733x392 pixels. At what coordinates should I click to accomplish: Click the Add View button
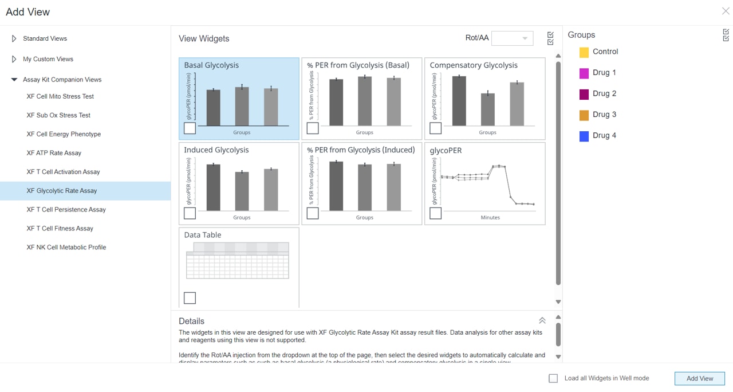click(699, 378)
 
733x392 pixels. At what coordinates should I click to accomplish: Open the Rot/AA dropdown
click(513, 38)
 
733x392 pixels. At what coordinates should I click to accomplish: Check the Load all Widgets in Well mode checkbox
click(553, 378)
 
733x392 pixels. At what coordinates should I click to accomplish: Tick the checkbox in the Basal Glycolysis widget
click(190, 128)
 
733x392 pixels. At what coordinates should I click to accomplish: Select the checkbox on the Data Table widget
click(190, 298)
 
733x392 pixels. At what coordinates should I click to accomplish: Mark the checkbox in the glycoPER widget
click(435, 213)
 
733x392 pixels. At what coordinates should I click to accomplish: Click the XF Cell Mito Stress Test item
click(60, 96)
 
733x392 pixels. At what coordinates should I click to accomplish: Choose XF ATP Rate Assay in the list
click(54, 153)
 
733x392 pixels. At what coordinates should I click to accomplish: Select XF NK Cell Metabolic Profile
click(66, 248)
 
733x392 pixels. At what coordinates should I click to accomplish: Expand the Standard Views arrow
click(14, 38)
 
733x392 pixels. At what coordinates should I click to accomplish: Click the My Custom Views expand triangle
click(14, 59)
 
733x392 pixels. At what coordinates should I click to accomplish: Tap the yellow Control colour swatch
click(584, 52)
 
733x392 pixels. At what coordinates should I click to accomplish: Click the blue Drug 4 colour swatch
click(584, 136)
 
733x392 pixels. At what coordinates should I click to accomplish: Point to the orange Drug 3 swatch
click(584, 115)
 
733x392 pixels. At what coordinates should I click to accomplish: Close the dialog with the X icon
click(725, 11)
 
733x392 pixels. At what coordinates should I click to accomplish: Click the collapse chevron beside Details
click(542, 321)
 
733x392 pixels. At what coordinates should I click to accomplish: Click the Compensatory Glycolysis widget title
click(474, 65)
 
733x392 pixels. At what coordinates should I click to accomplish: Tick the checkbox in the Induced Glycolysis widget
click(190, 213)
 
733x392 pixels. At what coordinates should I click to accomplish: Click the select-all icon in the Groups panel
click(726, 35)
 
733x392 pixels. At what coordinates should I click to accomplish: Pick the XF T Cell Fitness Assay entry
click(60, 229)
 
